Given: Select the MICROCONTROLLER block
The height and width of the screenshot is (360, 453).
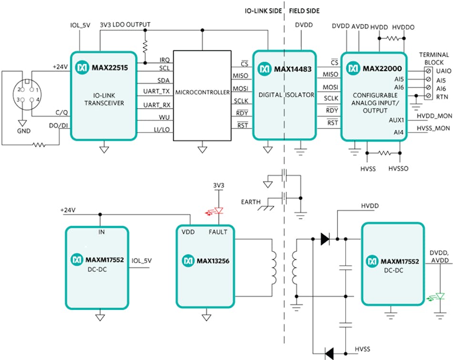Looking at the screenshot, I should pos(202,92).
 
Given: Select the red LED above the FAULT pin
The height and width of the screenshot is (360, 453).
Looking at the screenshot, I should pos(217,211).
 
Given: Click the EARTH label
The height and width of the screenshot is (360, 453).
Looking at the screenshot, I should pos(251,202).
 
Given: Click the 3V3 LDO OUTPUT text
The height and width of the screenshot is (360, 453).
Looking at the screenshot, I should pos(125,24).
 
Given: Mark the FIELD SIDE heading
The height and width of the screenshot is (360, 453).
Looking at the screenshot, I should pos(304,10).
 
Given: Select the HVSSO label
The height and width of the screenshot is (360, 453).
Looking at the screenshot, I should pos(399,168).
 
